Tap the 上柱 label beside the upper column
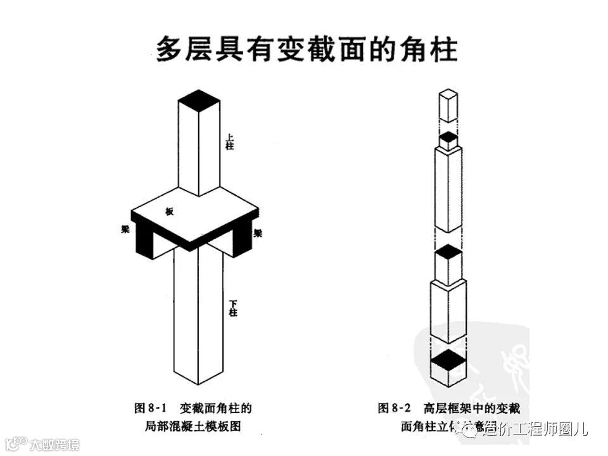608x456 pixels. [231, 141]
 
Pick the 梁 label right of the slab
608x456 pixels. [258, 232]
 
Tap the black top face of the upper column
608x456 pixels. [198, 99]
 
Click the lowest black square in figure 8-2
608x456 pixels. [448, 359]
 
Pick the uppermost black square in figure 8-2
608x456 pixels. [448, 137]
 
